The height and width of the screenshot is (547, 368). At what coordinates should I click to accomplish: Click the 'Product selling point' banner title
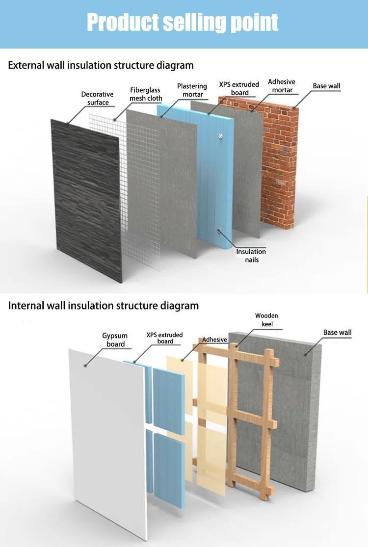coord(183,23)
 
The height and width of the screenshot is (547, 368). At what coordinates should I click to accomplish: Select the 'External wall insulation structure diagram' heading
coord(101,65)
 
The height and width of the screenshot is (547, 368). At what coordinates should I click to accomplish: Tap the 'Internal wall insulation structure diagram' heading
coord(103,306)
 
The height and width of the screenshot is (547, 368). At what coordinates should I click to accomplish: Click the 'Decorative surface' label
coord(97,98)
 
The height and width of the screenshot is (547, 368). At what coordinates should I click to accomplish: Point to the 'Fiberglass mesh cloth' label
coord(146,94)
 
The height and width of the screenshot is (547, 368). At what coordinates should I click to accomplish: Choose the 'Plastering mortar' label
coord(192,90)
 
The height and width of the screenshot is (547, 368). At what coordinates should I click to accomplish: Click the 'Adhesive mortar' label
coord(282,86)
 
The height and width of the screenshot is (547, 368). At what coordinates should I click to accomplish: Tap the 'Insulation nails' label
coord(251,255)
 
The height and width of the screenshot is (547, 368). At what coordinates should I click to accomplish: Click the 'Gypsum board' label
coord(115,339)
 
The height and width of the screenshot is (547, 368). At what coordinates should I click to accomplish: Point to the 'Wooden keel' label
coord(266,320)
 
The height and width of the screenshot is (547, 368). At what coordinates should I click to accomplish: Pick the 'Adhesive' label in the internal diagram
coord(214,339)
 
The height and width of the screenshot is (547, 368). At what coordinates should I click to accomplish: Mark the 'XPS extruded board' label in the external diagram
coord(239,89)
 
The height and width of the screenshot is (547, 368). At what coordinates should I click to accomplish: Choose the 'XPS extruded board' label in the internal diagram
coord(164,338)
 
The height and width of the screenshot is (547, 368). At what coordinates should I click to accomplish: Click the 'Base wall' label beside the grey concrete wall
coord(337,333)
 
